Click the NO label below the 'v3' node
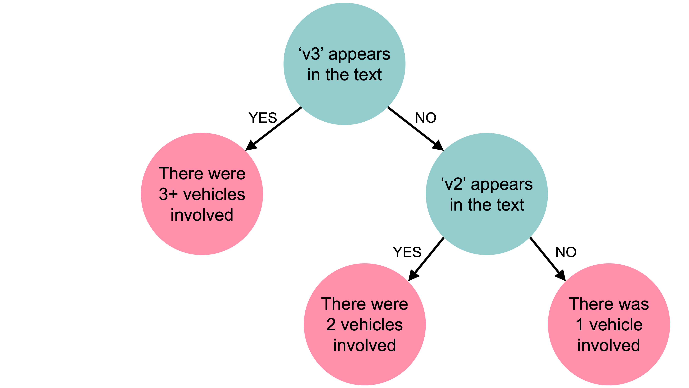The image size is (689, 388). tap(425, 118)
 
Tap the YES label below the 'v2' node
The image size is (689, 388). tap(407, 252)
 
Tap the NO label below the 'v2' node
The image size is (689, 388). tap(566, 252)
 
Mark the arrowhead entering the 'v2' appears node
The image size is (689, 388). tap(438, 146)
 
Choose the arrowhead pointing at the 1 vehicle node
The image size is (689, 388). tap(561, 276)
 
